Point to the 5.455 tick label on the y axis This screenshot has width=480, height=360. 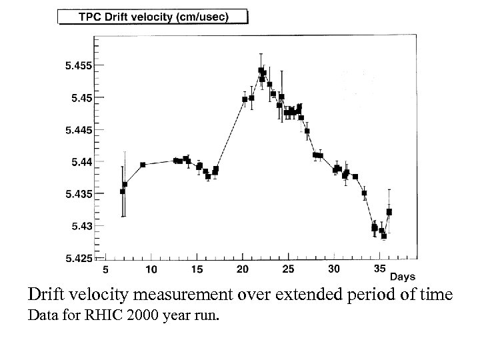(x=79, y=65)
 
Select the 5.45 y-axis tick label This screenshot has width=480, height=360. (x=81, y=97)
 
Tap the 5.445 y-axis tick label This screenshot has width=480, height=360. (x=79, y=129)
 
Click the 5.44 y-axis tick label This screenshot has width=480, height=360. (x=81, y=161)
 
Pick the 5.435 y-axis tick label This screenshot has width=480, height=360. (x=79, y=194)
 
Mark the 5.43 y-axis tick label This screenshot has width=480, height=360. (x=81, y=226)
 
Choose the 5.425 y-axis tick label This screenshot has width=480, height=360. (x=79, y=258)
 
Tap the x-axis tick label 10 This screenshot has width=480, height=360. (x=151, y=269)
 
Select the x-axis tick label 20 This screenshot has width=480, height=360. (x=243, y=269)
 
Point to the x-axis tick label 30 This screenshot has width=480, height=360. (x=334, y=269)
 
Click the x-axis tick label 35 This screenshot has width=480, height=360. (x=379, y=269)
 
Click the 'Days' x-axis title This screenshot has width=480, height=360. (x=403, y=276)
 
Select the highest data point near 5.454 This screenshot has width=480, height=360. (x=261, y=70)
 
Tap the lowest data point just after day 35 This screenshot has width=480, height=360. (x=384, y=236)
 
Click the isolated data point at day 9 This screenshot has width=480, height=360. (x=143, y=165)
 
